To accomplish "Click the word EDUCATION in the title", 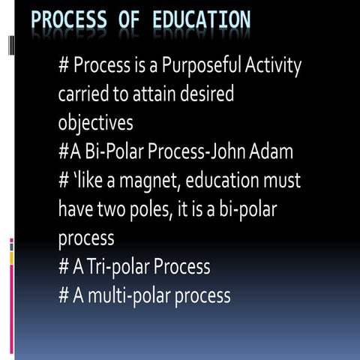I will (201, 20).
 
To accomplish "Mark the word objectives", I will (96, 123).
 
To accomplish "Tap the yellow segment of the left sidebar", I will (11, 258).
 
